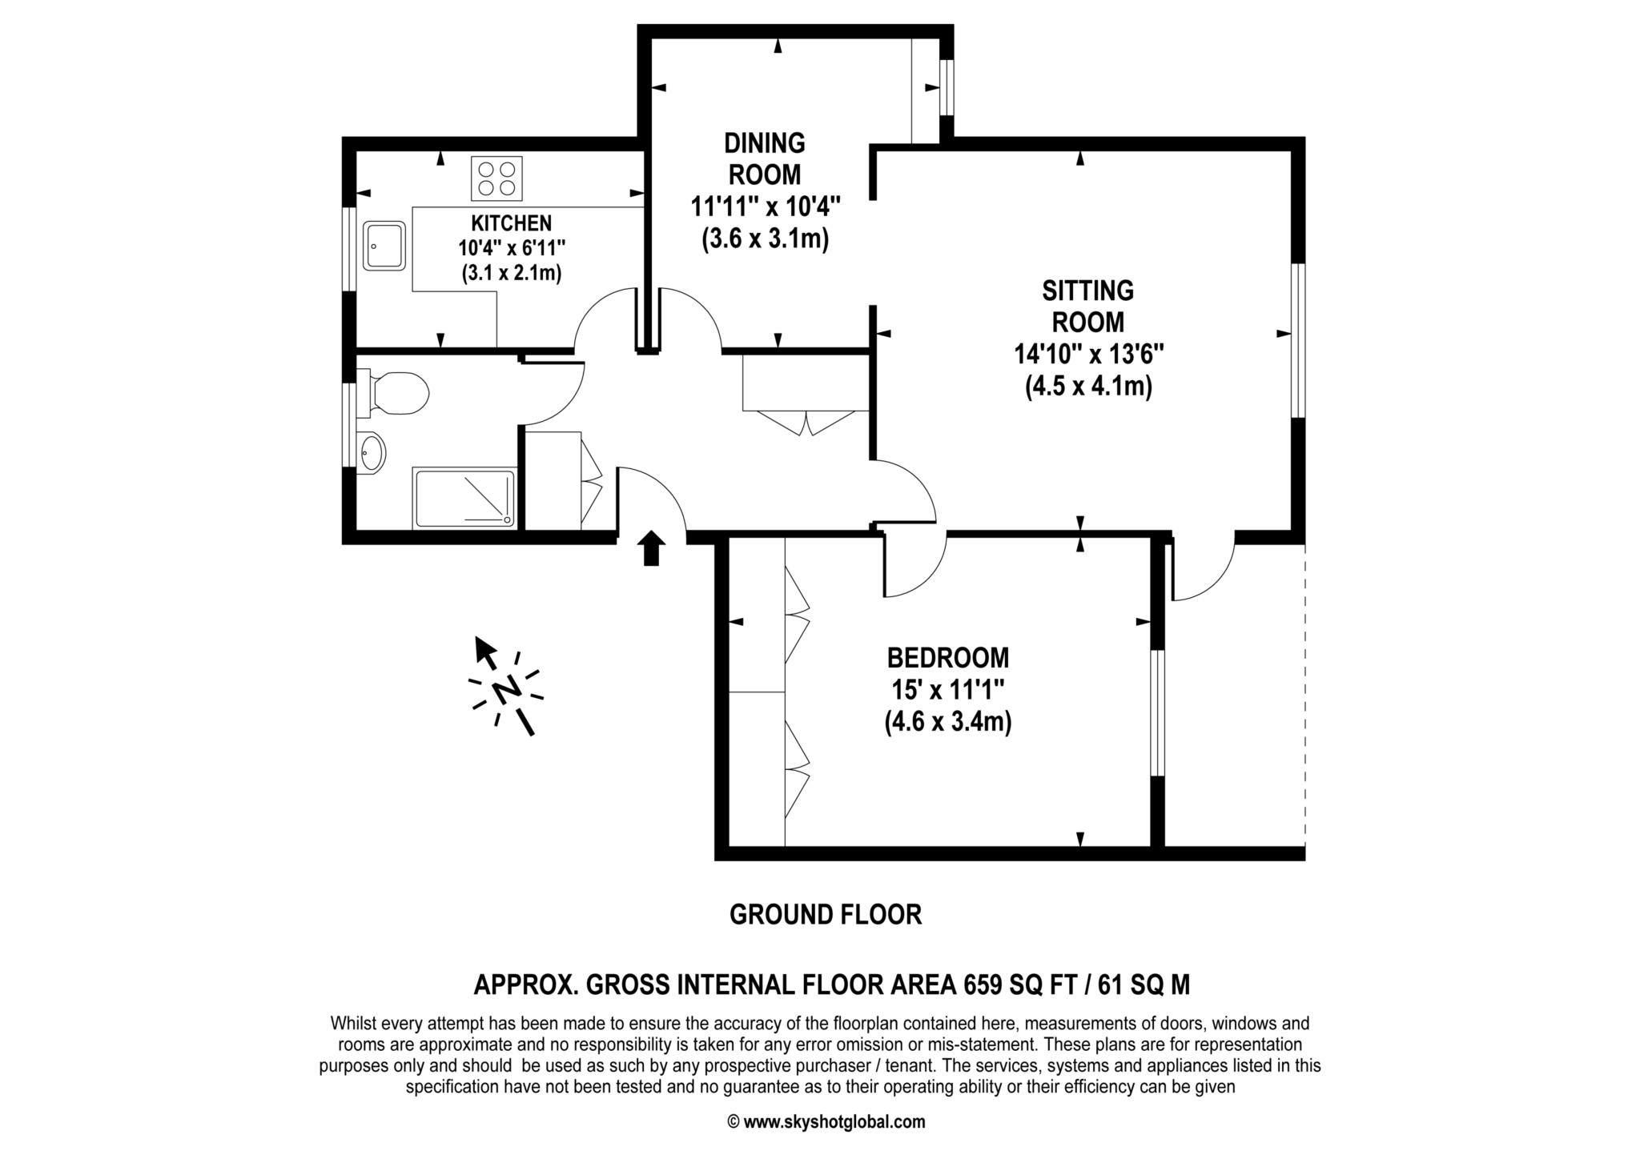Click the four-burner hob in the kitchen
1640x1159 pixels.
[496, 178]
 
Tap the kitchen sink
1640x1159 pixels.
[384, 246]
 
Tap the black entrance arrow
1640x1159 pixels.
[651, 548]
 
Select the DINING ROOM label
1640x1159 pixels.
[764, 158]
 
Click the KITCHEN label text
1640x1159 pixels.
[511, 223]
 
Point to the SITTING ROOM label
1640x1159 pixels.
[1087, 306]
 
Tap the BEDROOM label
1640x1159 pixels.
[947, 658]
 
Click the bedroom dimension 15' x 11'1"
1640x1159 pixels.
[947, 690]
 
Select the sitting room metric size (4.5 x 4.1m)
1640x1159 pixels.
[1088, 387]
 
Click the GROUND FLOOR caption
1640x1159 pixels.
[825, 914]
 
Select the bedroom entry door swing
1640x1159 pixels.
[913, 568]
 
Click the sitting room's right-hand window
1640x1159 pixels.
[1298, 340]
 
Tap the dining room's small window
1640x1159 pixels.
[947, 87]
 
